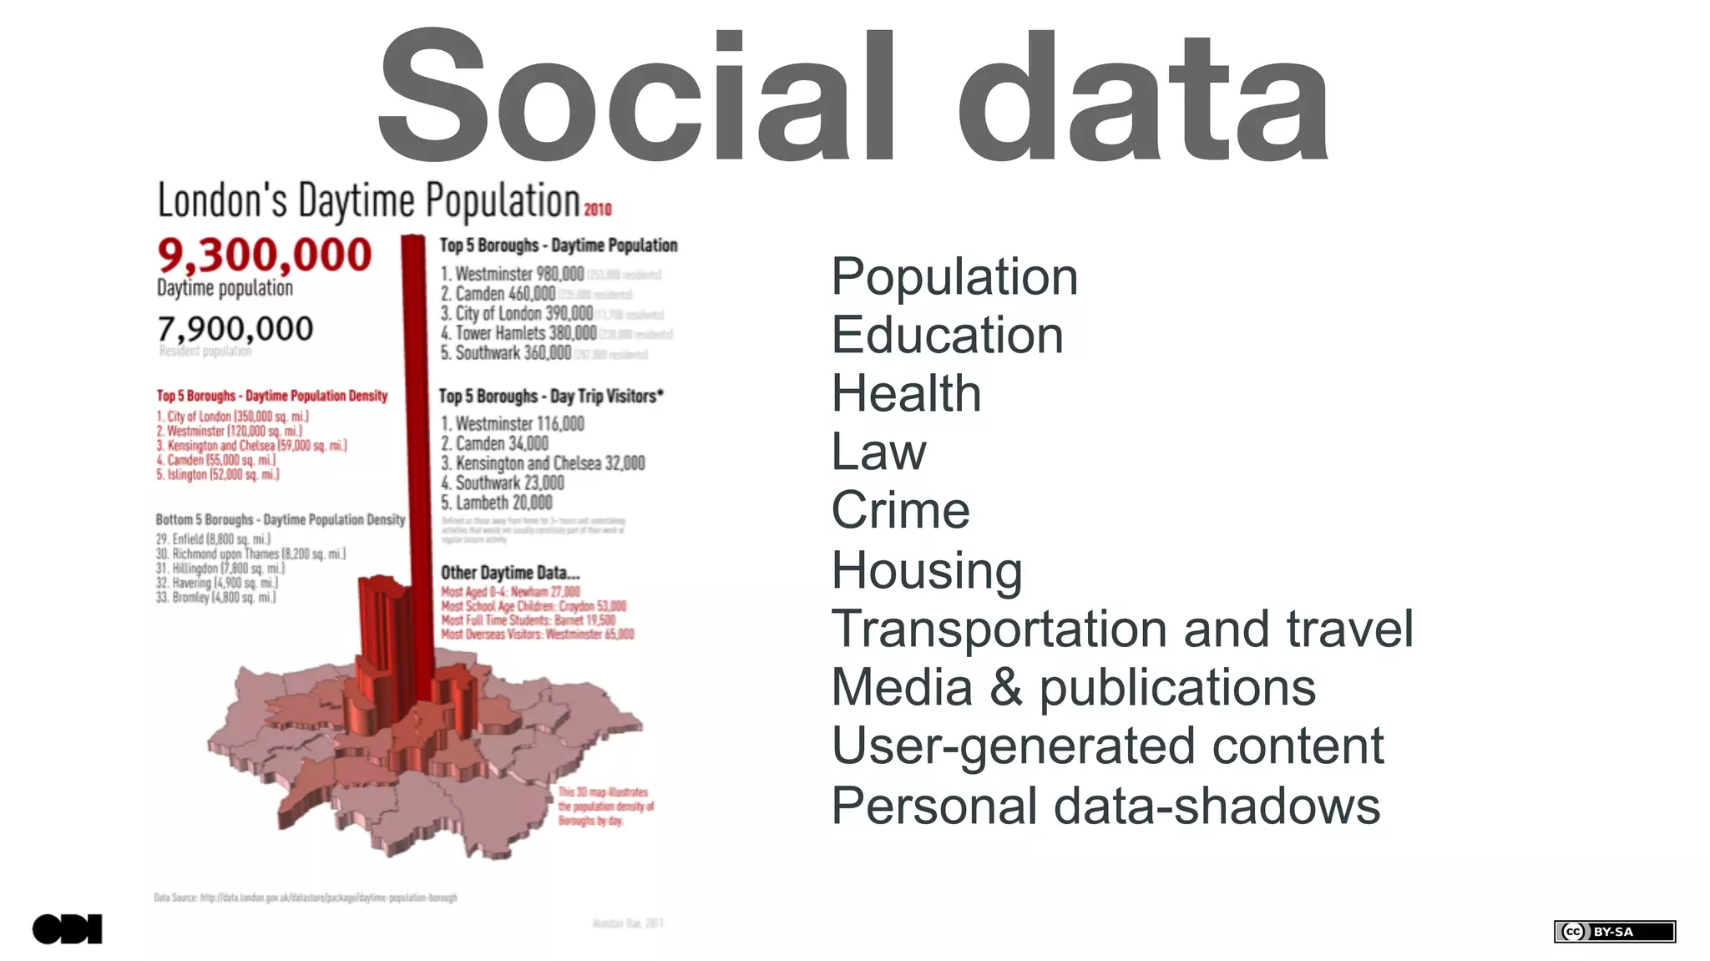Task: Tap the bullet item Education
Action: tap(947, 336)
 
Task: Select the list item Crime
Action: tap(900, 510)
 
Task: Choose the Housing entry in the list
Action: tap(926, 570)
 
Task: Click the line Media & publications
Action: tap(1073, 688)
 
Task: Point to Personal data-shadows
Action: tap(1105, 806)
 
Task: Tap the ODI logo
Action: tap(67, 929)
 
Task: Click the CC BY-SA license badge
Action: tap(1614, 932)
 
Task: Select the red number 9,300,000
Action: tap(264, 255)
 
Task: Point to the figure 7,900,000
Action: tap(235, 329)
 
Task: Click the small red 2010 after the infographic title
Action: tap(598, 210)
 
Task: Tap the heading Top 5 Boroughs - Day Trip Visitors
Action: tap(551, 397)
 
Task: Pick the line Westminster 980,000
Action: tap(513, 274)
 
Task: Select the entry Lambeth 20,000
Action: tap(497, 503)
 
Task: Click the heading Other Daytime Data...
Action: tap(510, 573)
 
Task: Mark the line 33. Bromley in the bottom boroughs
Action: tap(215, 598)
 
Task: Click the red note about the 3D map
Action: tap(605, 807)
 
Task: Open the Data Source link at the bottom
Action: tap(306, 898)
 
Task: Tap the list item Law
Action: tap(878, 453)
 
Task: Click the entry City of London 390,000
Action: tap(517, 314)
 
